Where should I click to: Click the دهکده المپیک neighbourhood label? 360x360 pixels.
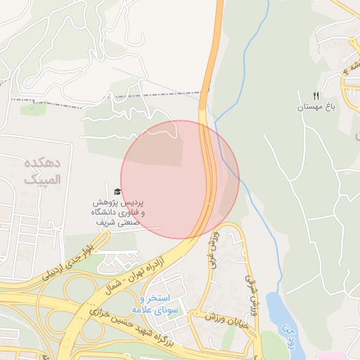pos(42,171)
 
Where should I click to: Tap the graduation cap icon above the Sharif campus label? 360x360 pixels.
pos(117,191)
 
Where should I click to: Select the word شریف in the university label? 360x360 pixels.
pos(103,221)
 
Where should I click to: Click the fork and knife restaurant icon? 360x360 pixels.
pos(316,96)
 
